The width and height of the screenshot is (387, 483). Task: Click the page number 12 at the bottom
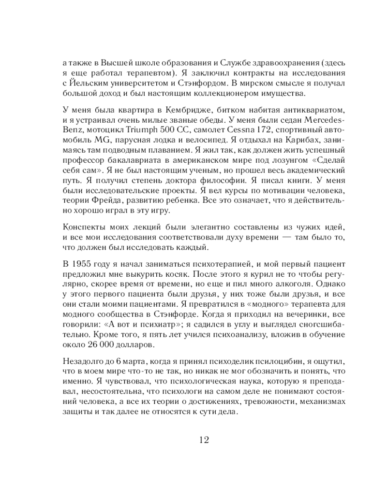[203, 440]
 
